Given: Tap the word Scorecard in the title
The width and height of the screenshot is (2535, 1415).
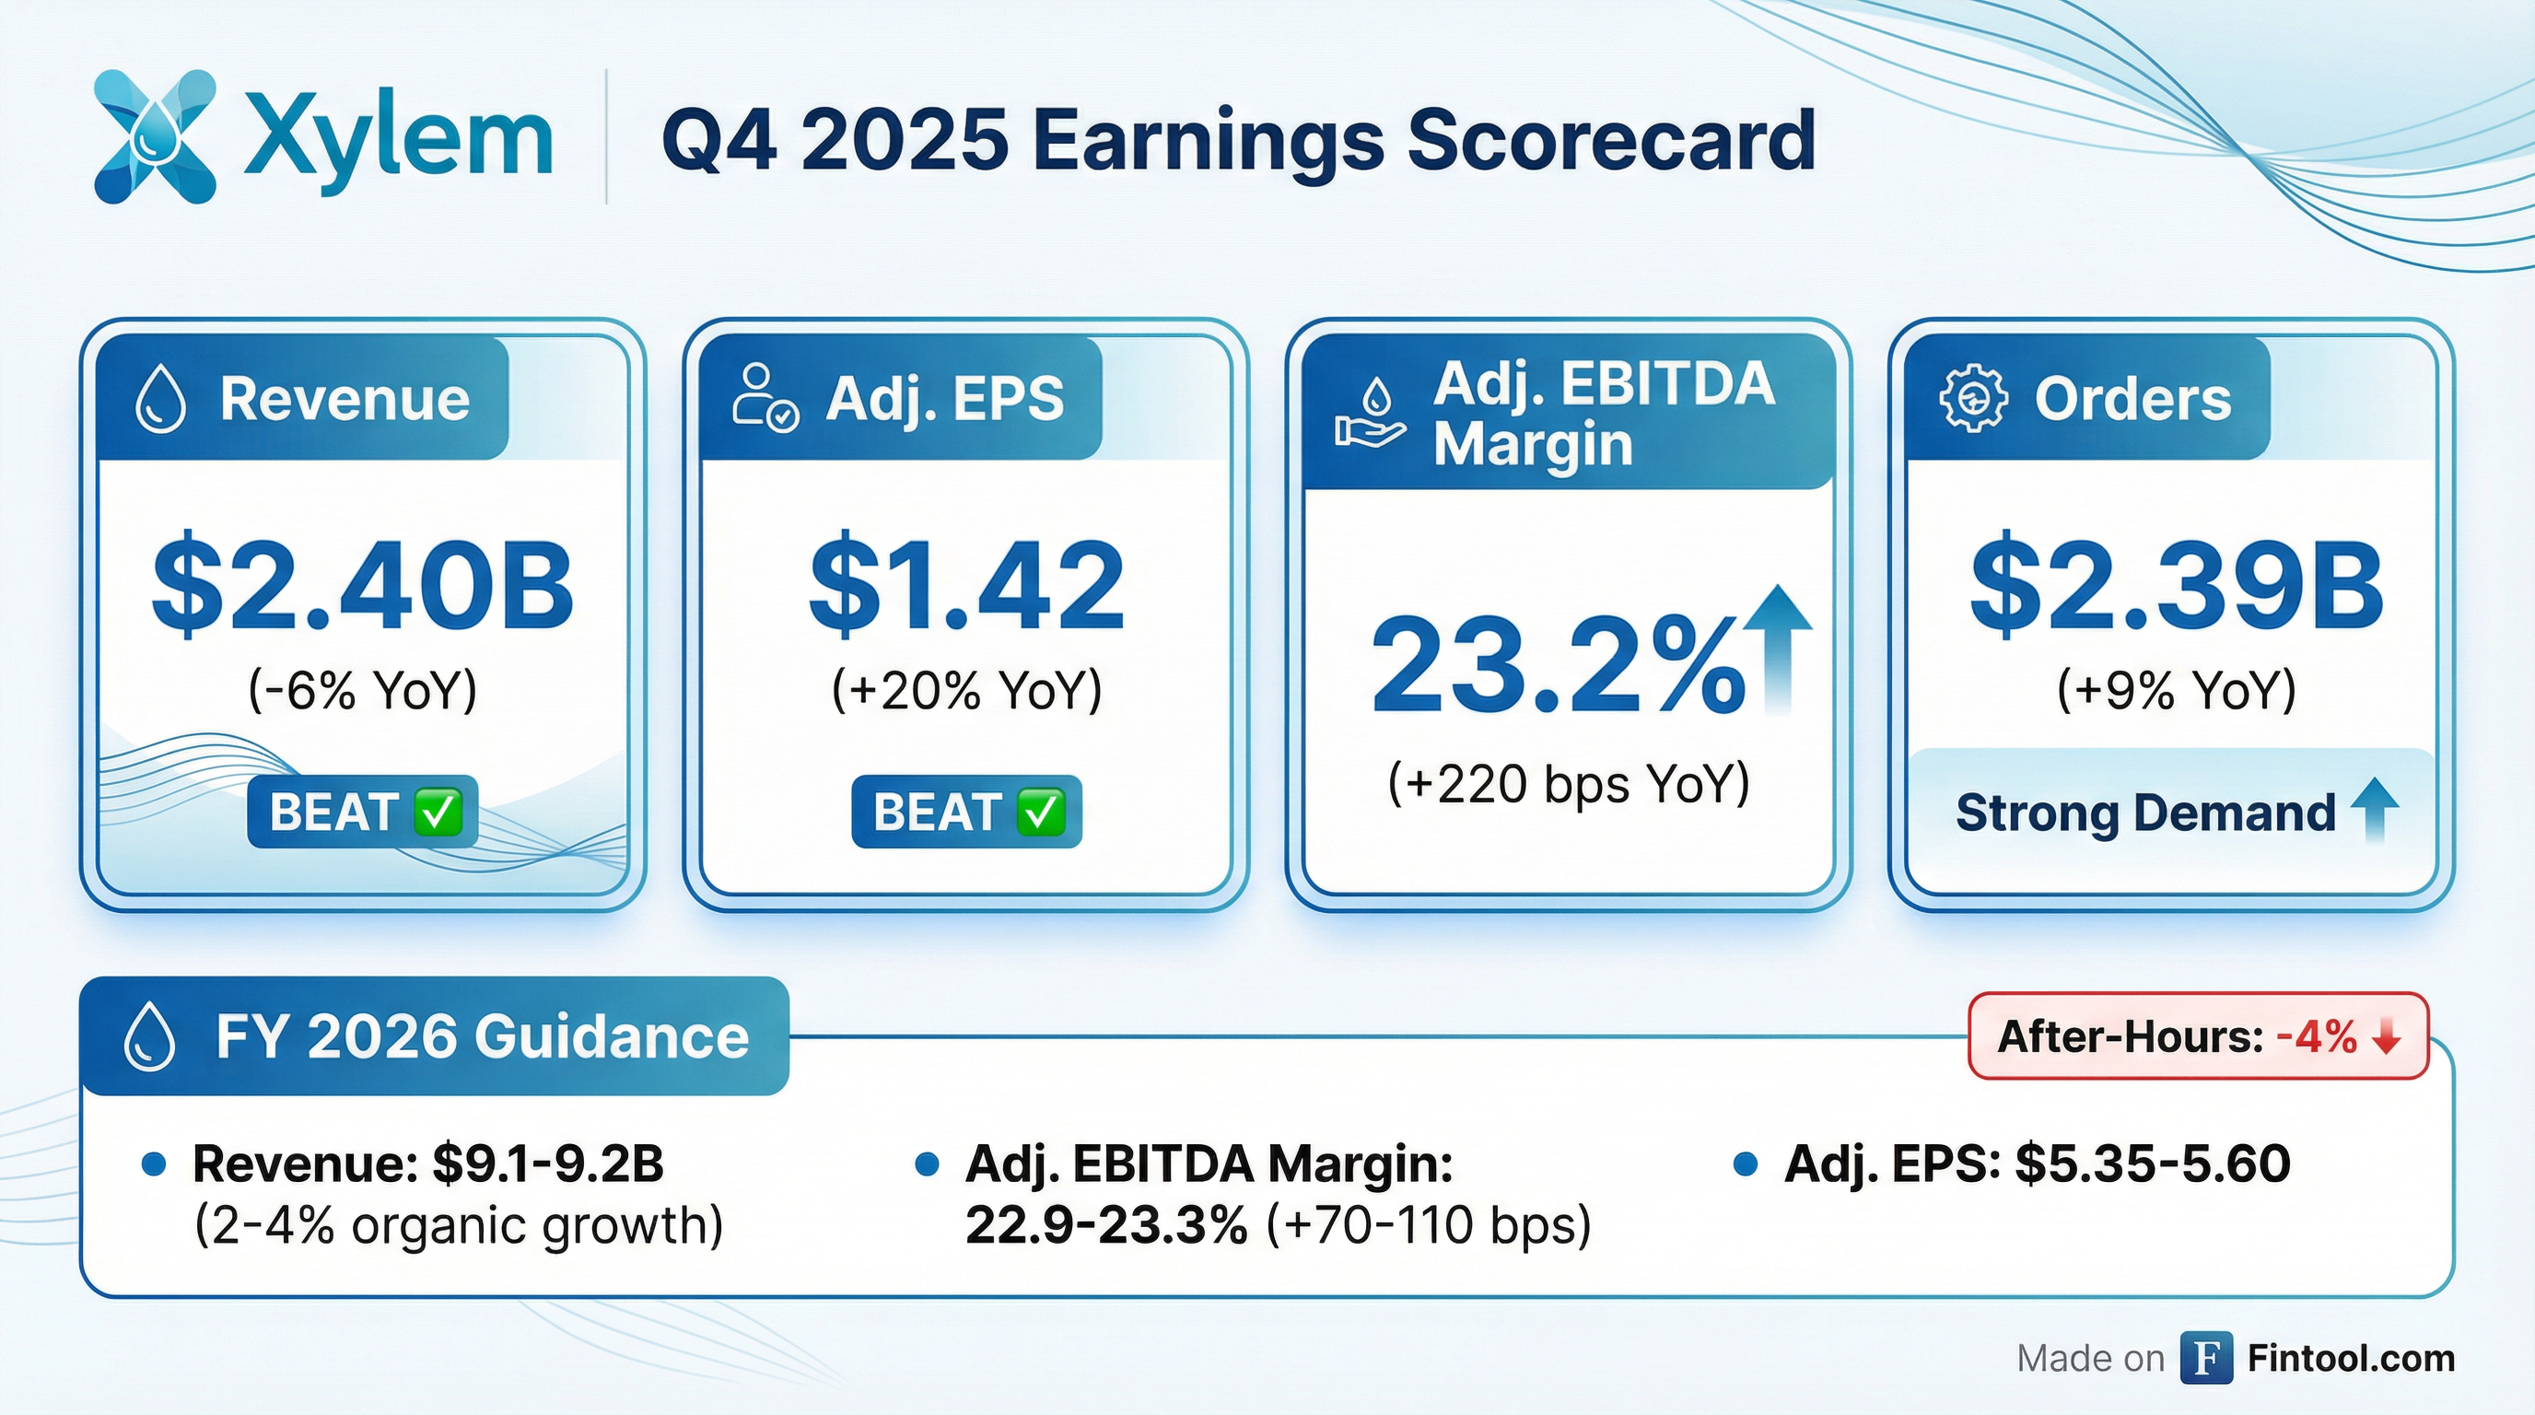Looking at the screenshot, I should point(1611,141).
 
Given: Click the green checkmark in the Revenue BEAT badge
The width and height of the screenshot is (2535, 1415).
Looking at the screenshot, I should point(437,813).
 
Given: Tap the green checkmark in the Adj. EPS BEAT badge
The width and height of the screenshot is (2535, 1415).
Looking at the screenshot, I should point(1041,813).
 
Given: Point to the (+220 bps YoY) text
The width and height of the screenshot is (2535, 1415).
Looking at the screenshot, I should point(1569,784).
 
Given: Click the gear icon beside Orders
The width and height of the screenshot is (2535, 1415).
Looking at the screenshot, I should point(1973,400).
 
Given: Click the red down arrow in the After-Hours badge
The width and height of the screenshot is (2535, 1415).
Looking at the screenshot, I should point(2388,1037).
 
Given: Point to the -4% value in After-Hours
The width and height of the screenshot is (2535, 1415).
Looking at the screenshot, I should point(2317,1037).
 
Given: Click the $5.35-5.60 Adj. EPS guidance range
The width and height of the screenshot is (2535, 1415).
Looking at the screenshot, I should point(2153,1164).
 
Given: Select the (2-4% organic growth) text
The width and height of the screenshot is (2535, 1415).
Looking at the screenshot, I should point(459,1226).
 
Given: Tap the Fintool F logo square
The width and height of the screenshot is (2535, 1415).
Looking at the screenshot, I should point(2205,1358).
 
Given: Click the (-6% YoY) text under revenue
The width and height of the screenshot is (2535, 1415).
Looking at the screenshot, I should point(362,690).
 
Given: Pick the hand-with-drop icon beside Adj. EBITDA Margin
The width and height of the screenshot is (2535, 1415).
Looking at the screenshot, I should point(1370,415).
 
